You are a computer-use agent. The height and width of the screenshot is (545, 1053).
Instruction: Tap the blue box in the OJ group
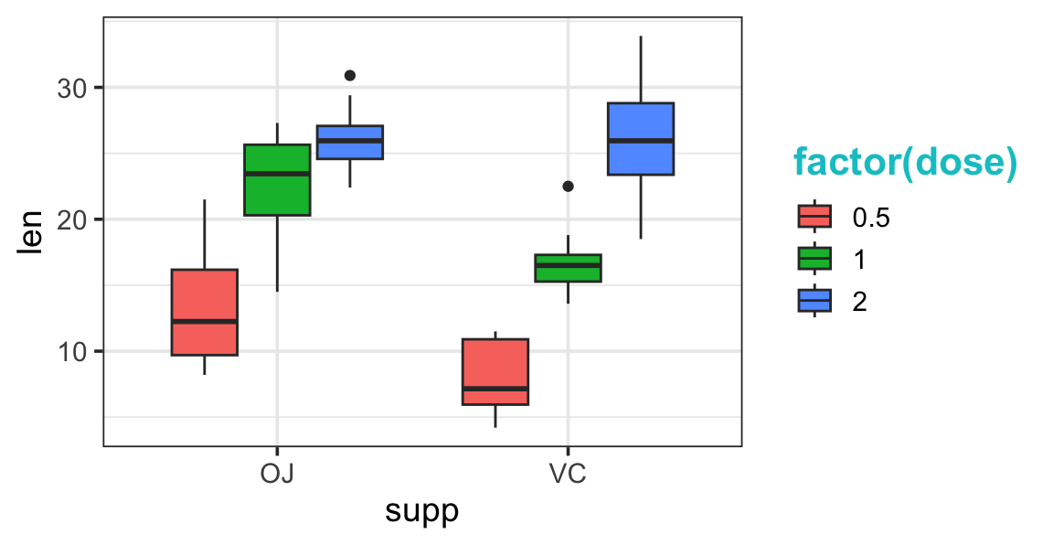point(349,142)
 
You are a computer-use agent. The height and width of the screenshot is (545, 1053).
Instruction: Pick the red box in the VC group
point(495,371)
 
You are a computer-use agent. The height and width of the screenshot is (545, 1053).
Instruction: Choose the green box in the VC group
point(568,268)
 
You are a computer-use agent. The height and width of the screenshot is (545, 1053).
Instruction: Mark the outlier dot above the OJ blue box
point(349,75)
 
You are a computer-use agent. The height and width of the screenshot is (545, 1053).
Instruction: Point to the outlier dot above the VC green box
point(568,186)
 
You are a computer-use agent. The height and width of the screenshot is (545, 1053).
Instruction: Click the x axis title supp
point(421,510)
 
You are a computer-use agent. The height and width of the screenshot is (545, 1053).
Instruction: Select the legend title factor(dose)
point(904,163)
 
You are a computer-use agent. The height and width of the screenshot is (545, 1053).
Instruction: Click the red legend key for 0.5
point(814,217)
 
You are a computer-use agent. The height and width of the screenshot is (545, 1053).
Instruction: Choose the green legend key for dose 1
point(814,259)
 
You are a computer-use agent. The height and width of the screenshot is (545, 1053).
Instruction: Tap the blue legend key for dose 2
point(814,301)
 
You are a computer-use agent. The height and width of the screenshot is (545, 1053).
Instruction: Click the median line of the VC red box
point(495,389)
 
